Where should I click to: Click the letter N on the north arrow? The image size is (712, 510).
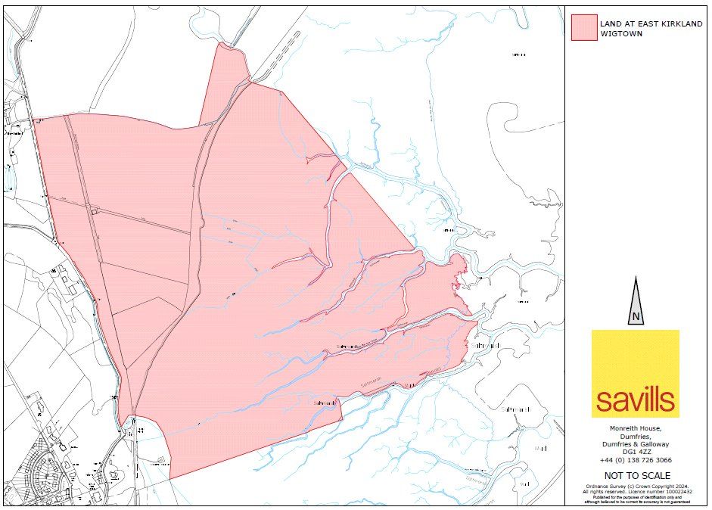click(636, 316)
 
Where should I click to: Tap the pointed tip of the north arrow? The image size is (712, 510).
click(636, 278)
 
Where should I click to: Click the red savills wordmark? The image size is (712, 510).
click(635, 400)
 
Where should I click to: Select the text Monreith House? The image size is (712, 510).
click(635, 428)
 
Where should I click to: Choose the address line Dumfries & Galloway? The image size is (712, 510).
click(635, 444)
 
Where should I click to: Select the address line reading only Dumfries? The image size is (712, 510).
click(635, 436)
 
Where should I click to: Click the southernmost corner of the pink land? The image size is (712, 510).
click(170, 478)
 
